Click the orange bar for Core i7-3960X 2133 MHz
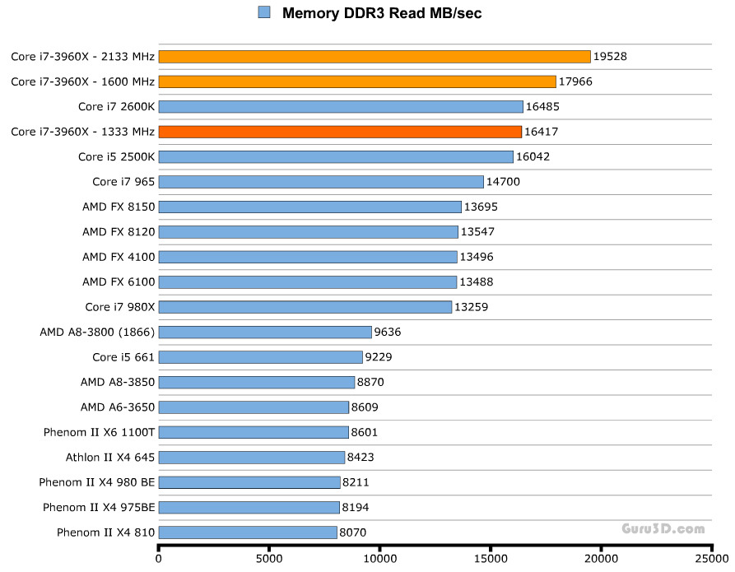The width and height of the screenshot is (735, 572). (x=374, y=56)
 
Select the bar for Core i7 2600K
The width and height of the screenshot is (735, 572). (x=341, y=106)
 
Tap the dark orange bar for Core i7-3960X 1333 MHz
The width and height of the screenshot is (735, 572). (x=340, y=132)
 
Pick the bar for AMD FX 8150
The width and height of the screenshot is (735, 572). (x=310, y=207)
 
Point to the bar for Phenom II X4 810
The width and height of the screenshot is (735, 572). (x=248, y=532)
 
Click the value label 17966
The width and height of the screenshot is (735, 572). (x=576, y=81)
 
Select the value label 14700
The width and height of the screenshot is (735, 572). (x=504, y=182)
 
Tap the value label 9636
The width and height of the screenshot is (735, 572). (x=387, y=332)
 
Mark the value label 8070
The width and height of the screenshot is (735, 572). (x=352, y=532)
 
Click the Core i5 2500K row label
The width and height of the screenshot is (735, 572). (x=116, y=156)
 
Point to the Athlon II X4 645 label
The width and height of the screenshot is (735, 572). (x=110, y=457)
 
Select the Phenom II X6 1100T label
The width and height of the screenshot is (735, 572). (x=100, y=432)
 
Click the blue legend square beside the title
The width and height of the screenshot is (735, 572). (x=264, y=12)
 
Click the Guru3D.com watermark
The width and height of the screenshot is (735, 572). (x=664, y=529)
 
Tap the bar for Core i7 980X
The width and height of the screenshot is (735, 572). (x=305, y=307)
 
